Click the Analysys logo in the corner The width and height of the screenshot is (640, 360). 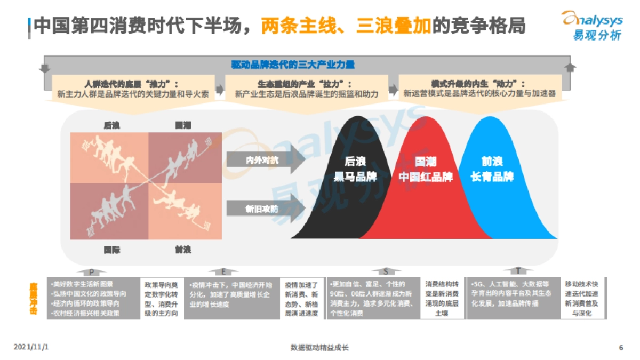[591, 25]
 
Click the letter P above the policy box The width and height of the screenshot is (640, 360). [92, 271]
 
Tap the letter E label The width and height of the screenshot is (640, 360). [223, 271]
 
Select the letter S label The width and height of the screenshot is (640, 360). [386, 271]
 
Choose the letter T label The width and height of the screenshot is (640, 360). [518, 271]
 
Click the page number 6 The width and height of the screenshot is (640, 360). [621, 348]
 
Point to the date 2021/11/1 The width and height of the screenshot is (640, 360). [31, 347]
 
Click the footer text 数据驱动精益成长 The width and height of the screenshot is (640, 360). [319, 348]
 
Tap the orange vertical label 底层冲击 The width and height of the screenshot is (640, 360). [34, 298]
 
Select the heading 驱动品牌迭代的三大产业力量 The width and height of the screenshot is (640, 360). [293, 65]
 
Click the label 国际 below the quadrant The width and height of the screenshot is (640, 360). [111, 250]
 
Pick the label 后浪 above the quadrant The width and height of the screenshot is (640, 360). [111, 126]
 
